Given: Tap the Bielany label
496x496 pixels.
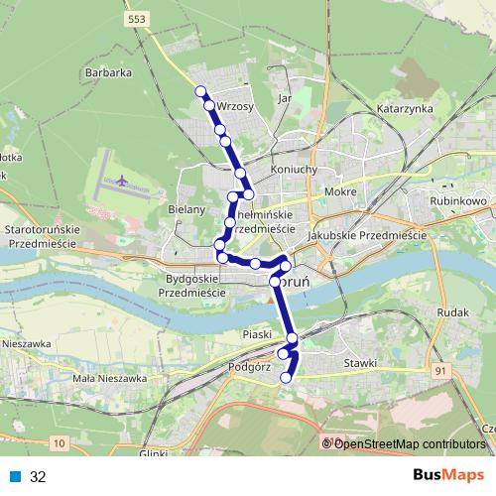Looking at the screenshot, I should [x=186, y=209].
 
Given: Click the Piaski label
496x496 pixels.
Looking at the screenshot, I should [x=256, y=335].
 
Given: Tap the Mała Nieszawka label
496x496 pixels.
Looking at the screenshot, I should [x=110, y=378].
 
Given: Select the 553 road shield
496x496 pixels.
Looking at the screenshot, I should [x=139, y=19].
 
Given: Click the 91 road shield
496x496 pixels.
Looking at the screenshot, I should [x=440, y=369].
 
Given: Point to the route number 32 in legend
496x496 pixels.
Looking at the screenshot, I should [x=38, y=477].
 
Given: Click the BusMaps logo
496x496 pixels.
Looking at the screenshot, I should [x=447, y=476].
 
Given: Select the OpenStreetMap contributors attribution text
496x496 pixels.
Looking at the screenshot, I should [x=408, y=443].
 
